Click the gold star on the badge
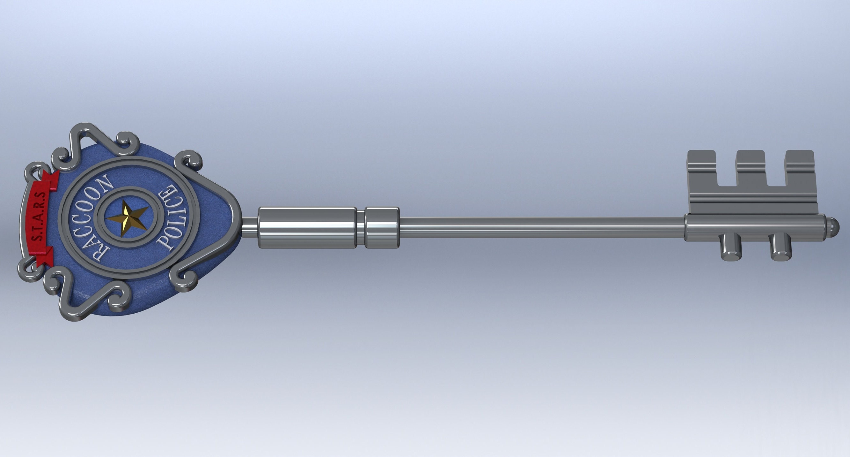(x=127, y=217)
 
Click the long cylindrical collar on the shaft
(x=307, y=227)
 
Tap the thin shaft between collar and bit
(x=541, y=227)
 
